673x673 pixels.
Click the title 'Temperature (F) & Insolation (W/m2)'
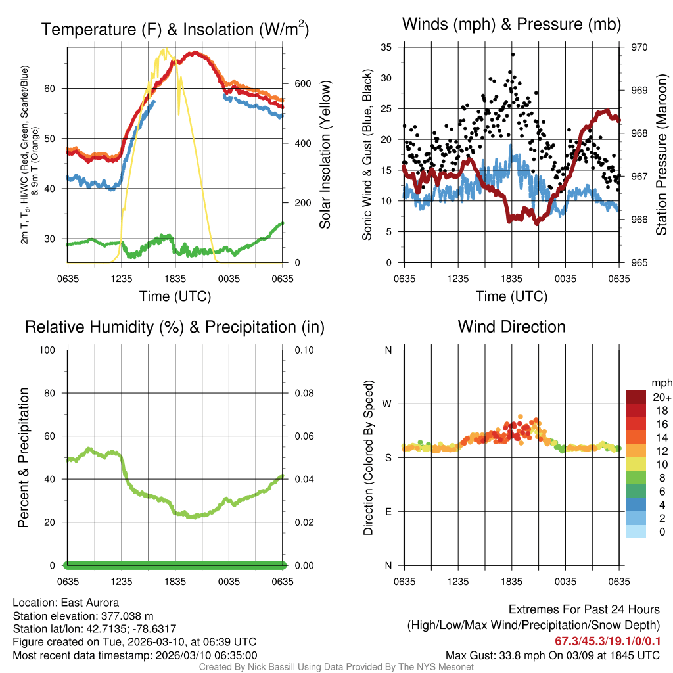(175, 30)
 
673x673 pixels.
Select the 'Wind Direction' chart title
(511, 327)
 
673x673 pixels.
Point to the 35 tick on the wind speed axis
(386, 47)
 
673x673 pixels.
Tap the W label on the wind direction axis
(387, 404)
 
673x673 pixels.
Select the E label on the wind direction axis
(388, 511)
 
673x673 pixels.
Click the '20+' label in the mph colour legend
(661, 398)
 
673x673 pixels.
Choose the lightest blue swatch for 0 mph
(636, 532)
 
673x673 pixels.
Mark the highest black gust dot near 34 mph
(512, 55)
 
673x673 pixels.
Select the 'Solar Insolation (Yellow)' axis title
(325, 155)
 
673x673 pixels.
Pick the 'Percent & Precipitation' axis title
(24, 457)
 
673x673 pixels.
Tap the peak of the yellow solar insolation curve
(165, 49)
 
